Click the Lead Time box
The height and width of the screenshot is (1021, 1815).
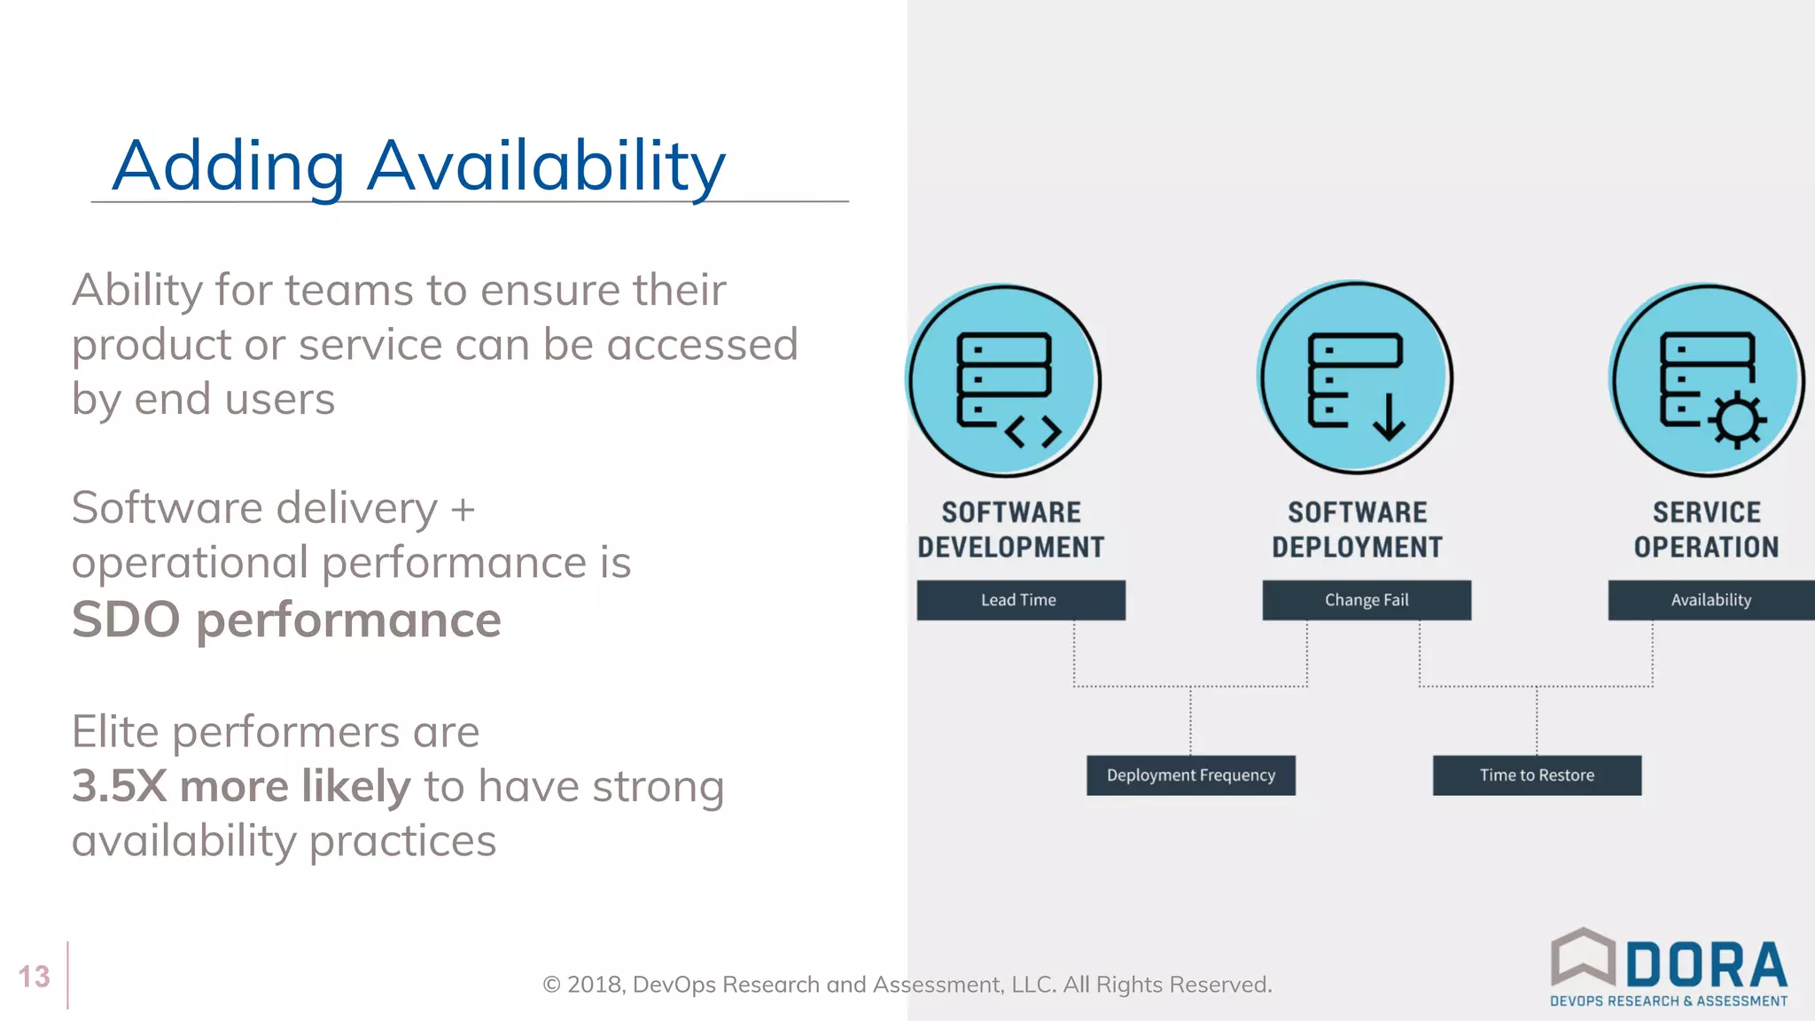point(1020,600)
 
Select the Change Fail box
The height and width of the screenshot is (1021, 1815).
point(1366,600)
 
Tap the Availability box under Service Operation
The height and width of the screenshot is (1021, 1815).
point(1710,600)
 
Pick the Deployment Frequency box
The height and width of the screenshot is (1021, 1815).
point(1190,775)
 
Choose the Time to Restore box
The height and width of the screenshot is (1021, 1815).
point(1536,775)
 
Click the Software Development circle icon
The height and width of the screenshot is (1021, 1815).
point(1003,380)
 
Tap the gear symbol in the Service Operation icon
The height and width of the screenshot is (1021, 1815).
point(1736,420)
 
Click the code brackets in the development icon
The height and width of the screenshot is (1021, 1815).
point(1033,433)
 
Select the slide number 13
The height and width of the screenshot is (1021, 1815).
point(35,977)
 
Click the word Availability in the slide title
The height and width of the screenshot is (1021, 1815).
point(546,167)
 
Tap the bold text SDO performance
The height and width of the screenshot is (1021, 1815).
point(286,620)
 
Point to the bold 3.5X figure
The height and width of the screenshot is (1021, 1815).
point(119,786)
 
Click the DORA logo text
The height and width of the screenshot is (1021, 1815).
point(1705,965)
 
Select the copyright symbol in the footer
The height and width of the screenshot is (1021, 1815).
point(551,986)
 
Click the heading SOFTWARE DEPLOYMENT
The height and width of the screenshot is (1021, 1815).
point(1357,530)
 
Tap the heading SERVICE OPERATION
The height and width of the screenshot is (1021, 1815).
point(1706,530)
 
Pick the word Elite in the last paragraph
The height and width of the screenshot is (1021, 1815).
point(115,732)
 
